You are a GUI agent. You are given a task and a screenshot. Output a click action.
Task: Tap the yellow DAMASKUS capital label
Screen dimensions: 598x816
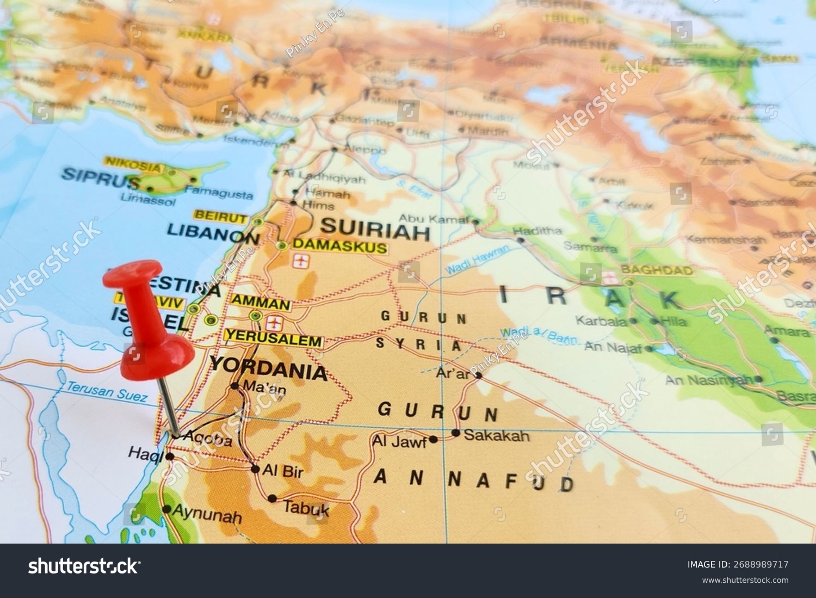click(339, 246)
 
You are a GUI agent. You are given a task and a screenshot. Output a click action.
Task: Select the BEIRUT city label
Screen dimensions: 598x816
click(220, 217)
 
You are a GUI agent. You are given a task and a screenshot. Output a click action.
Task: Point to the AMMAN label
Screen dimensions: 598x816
click(261, 303)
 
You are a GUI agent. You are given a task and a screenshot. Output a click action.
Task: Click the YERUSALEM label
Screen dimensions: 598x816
click(273, 341)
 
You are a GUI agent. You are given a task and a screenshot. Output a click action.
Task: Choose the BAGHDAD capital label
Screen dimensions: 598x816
click(657, 270)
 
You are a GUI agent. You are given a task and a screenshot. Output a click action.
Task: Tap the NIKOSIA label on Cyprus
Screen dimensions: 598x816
click(134, 163)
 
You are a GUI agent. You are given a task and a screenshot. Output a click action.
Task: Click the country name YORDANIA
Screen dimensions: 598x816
click(268, 369)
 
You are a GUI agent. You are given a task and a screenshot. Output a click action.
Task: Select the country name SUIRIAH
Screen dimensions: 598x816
click(375, 230)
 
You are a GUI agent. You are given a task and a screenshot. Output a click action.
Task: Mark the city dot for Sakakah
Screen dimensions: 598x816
click(456, 433)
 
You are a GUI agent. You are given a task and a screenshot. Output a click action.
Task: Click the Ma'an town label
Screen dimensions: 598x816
click(264, 389)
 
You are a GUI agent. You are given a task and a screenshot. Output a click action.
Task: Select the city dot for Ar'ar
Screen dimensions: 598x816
click(478, 375)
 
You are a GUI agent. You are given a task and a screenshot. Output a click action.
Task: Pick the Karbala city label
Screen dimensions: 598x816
click(601, 320)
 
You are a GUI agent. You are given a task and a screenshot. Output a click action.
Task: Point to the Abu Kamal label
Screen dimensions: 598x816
click(433, 219)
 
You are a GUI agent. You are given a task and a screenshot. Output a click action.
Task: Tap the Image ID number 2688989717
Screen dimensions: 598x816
click(762, 564)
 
